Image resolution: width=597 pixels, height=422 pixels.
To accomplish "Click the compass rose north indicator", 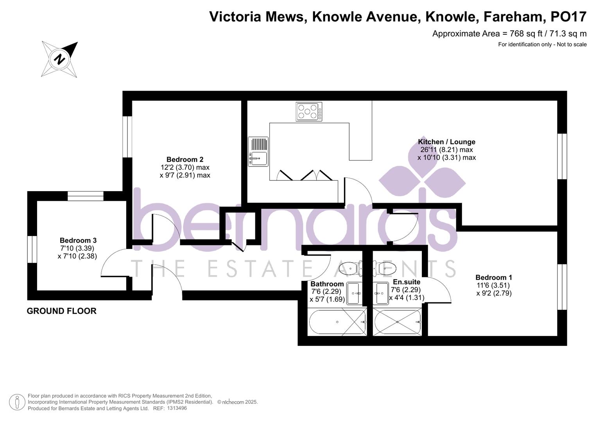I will pyautogui.click(x=60, y=59).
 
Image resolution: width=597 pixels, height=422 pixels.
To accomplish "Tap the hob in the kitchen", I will pyautogui.click(x=309, y=111).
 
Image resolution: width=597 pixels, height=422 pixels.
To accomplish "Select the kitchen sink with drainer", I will pyautogui.click(x=258, y=152).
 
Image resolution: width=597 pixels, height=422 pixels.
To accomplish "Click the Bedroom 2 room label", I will pyautogui.click(x=185, y=159).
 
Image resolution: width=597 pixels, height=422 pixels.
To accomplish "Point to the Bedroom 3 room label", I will pyautogui.click(x=78, y=240).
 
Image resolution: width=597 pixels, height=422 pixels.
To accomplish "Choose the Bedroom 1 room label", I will pyautogui.click(x=493, y=277).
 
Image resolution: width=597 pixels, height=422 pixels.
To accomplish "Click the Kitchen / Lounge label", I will pyautogui.click(x=446, y=142).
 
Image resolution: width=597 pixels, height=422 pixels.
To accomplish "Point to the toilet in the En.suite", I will pyautogui.click(x=385, y=268).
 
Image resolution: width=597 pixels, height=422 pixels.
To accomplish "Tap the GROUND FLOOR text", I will pyautogui.click(x=61, y=311).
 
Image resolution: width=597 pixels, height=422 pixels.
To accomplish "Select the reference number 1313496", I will pyautogui.click(x=177, y=408).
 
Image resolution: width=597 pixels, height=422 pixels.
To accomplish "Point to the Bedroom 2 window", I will pyautogui.click(x=127, y=137).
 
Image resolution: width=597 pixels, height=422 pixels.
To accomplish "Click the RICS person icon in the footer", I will pyautogui.click(x=17, y=402).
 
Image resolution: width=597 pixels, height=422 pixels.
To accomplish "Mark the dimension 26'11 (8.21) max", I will pyautogui.click(x=446, y=150).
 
